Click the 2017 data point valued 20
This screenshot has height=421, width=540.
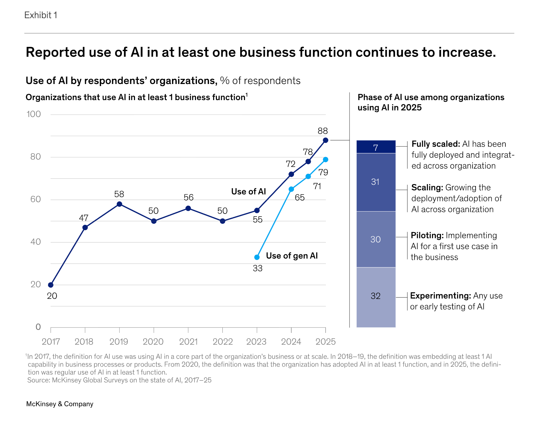point(51,285)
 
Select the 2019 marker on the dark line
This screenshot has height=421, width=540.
point(119,204)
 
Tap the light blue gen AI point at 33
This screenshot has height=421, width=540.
point(257,257)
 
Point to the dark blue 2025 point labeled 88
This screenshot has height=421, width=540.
point(326,140)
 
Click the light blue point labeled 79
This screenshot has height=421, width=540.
point(326,159)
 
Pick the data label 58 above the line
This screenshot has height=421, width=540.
point(119,194)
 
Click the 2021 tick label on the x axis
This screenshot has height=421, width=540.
point(188,341)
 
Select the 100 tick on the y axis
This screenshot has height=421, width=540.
point(34,114)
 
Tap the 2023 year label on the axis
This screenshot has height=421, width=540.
point(256,341)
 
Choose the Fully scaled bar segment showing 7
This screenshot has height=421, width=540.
point(376,147)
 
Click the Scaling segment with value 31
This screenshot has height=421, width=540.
point(376,182)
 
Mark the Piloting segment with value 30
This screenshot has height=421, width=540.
point(376,239)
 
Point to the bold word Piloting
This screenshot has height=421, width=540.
point(427,236)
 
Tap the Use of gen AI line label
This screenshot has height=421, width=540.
point(292,256)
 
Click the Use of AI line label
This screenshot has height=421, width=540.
point(248,192)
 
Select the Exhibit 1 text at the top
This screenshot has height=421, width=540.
point(41,15)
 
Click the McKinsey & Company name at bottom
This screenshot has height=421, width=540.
point(60,404)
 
